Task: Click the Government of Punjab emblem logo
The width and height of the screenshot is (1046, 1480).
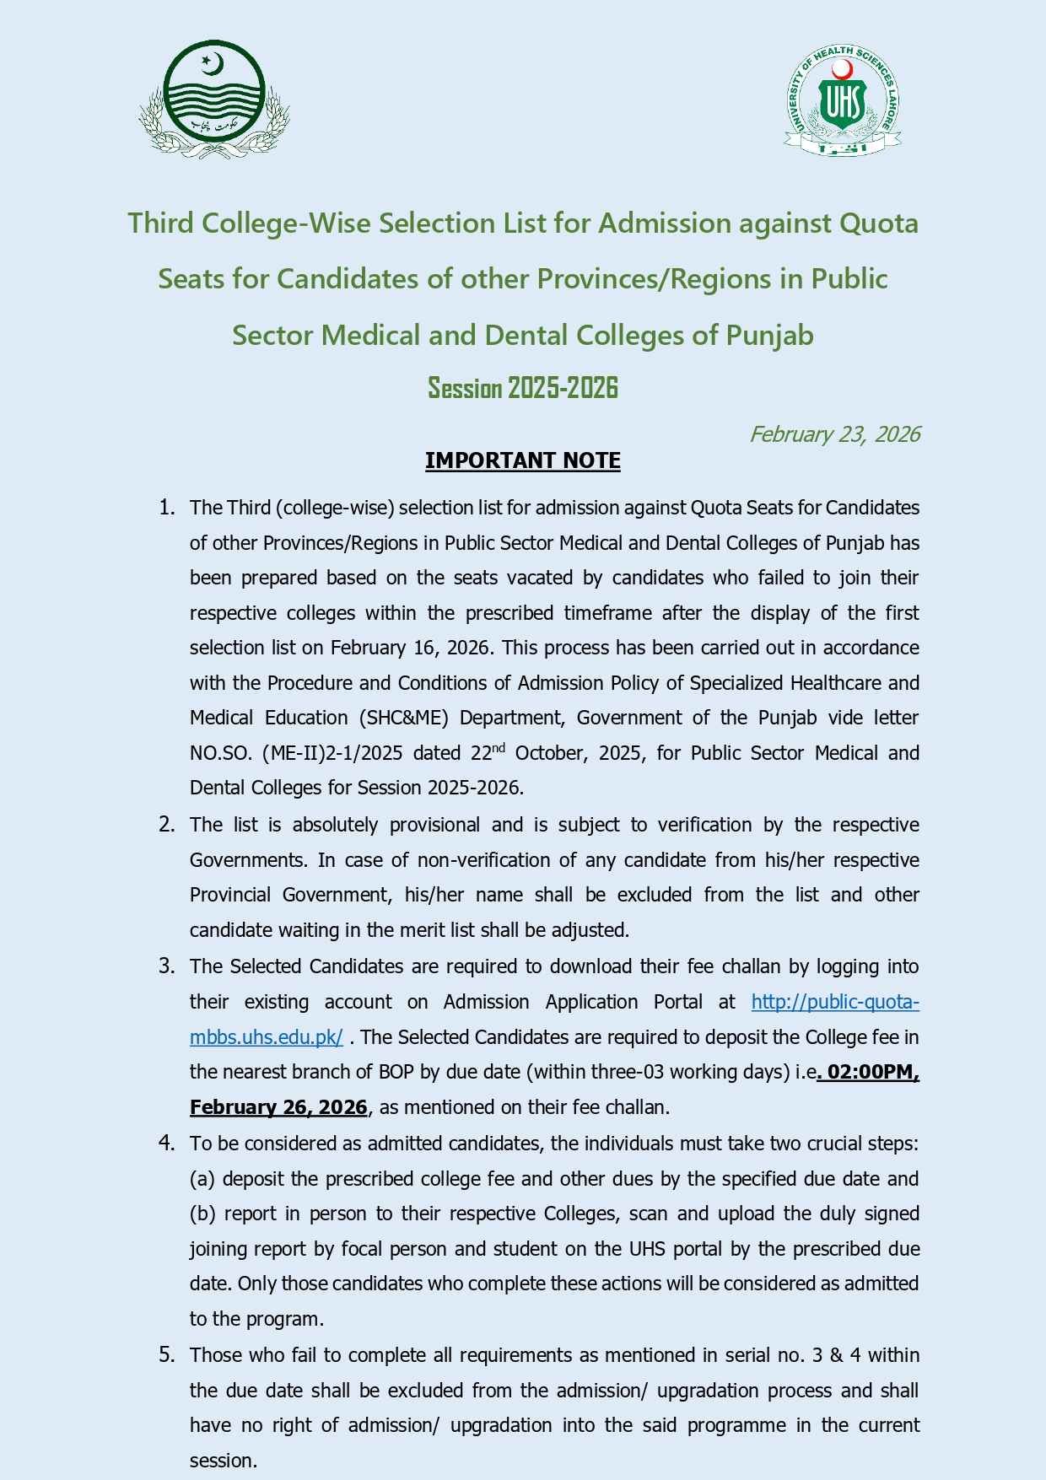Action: (214, 100)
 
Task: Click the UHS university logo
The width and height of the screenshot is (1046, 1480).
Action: (843, 100)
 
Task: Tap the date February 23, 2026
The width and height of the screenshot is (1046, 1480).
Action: (834, 434)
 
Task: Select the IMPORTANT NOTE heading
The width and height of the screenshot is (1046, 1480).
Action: (522, 460)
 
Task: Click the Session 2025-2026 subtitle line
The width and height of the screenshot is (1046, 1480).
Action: (522, 388)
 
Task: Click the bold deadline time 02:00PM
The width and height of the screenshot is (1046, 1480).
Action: (872, 1072)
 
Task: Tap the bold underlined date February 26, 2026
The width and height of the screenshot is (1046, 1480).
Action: (278, 1107)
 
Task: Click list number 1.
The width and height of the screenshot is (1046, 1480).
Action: (167, 508)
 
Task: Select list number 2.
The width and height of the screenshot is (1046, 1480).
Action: (167, 825)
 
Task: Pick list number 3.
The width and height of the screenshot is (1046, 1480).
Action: (167, 966)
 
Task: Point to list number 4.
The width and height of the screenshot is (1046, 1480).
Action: (167, 1144)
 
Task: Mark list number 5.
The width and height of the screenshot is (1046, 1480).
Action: (167, 1355)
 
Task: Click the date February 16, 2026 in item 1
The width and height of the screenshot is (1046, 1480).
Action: (410, 648)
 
